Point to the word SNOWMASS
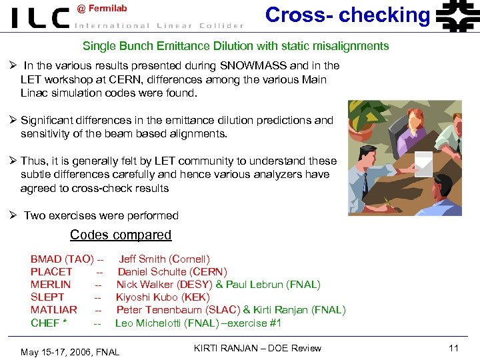[254, 65]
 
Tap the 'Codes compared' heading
[121, 235]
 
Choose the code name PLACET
[51, 271]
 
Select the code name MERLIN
[51, 284]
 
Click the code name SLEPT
[47, 297]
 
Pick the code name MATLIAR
[54, 310]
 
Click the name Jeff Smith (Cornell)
[164, 259]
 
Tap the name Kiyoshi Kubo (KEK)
[163, 297]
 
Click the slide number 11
[454, 348]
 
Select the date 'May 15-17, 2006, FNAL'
[70, 351]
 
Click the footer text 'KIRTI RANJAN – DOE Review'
[257, 348]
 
